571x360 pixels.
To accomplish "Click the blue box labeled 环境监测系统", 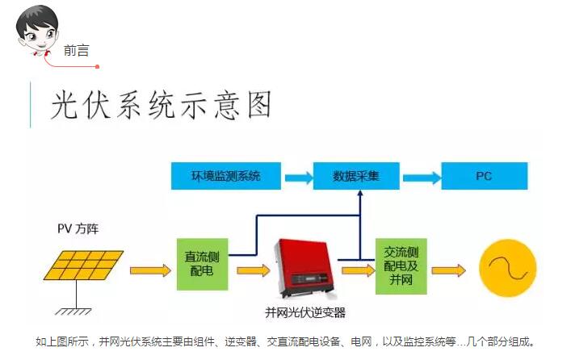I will [x=225, y=176].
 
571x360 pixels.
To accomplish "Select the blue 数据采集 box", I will [x=356, y=176].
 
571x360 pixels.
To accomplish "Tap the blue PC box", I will [x=483, y=176].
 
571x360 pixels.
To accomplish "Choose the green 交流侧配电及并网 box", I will [x=402, y=265].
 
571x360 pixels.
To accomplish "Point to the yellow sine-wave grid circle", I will [x=508, y=270].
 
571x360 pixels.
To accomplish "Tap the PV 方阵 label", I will [x=78, y=230].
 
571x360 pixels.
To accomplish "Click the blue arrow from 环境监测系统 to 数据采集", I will [x=297, y=177].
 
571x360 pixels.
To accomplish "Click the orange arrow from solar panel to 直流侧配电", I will [x=150, y=270].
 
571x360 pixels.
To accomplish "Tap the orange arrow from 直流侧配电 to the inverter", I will [x=253, y=270].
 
